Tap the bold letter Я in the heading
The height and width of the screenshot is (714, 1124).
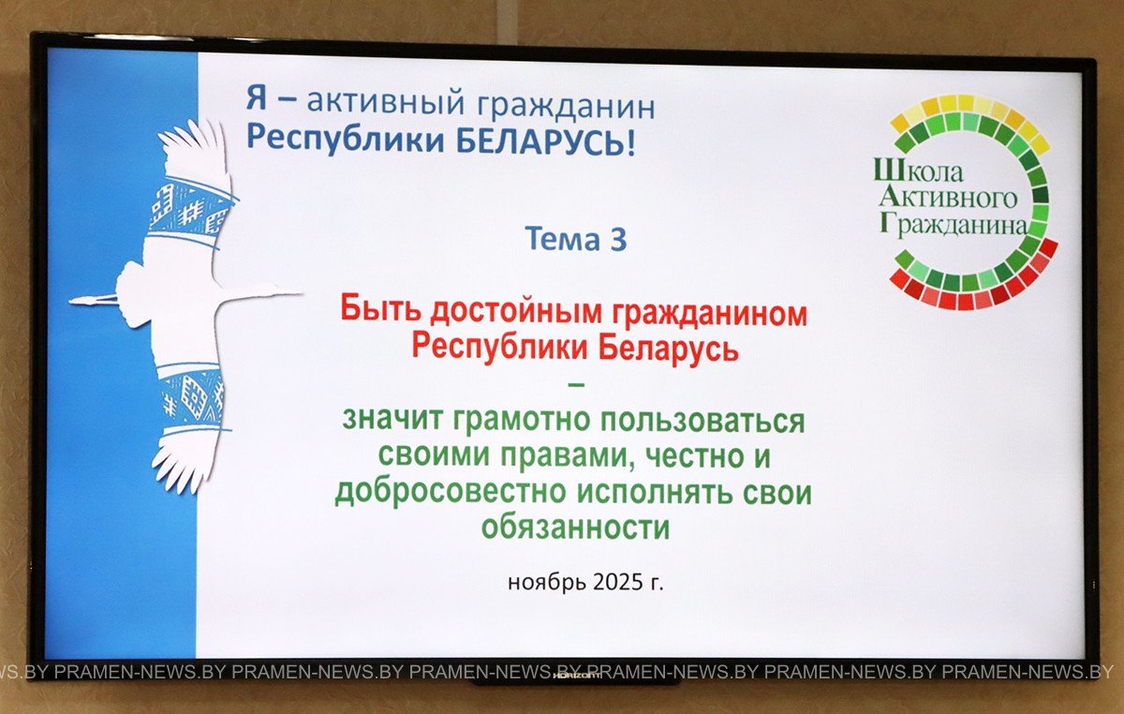click(x=257, y=97)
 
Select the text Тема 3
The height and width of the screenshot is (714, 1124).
click(x=576, y=239)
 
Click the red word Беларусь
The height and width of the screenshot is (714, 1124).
click(x=669, y=348)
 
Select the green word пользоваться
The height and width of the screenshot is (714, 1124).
click(x=703, y=422)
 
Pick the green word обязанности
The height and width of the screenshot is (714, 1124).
click(x=575, y=528)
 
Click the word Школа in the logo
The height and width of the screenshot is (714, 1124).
click(x=918, y=171)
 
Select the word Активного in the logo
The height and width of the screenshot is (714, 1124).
click(x=948, y=198)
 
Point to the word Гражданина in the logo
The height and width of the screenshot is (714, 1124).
click(x=954, y=225)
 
